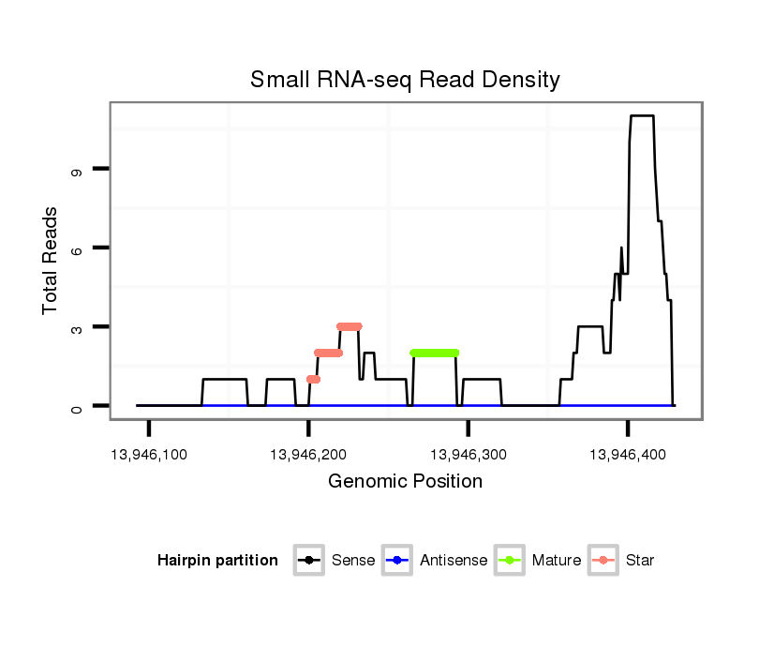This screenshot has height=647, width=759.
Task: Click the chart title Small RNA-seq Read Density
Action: coord(405,80)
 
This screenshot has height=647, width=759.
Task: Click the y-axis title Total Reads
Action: coord(52,261)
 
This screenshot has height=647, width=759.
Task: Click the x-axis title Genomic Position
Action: coord(405,482)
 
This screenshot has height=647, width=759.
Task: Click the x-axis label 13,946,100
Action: coord(149,455)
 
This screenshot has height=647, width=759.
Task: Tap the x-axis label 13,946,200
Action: coord(308,455)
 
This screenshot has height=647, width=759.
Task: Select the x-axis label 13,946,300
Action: coord(469,455)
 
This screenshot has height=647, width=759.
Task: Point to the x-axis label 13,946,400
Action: coord(628,455)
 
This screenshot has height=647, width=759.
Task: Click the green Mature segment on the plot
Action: coord(435,353)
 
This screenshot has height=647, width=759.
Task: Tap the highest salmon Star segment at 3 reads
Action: coord(350,326)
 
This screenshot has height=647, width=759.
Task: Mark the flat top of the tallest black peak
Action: coord(642,116)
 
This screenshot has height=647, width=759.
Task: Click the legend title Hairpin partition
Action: coord(217,561)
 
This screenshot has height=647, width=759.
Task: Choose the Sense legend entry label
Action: coord(353,561)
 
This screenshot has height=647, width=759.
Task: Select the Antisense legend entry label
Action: coord(454,561)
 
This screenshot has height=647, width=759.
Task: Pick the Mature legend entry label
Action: coord(557,561)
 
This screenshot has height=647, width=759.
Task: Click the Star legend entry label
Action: coord(641,561)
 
